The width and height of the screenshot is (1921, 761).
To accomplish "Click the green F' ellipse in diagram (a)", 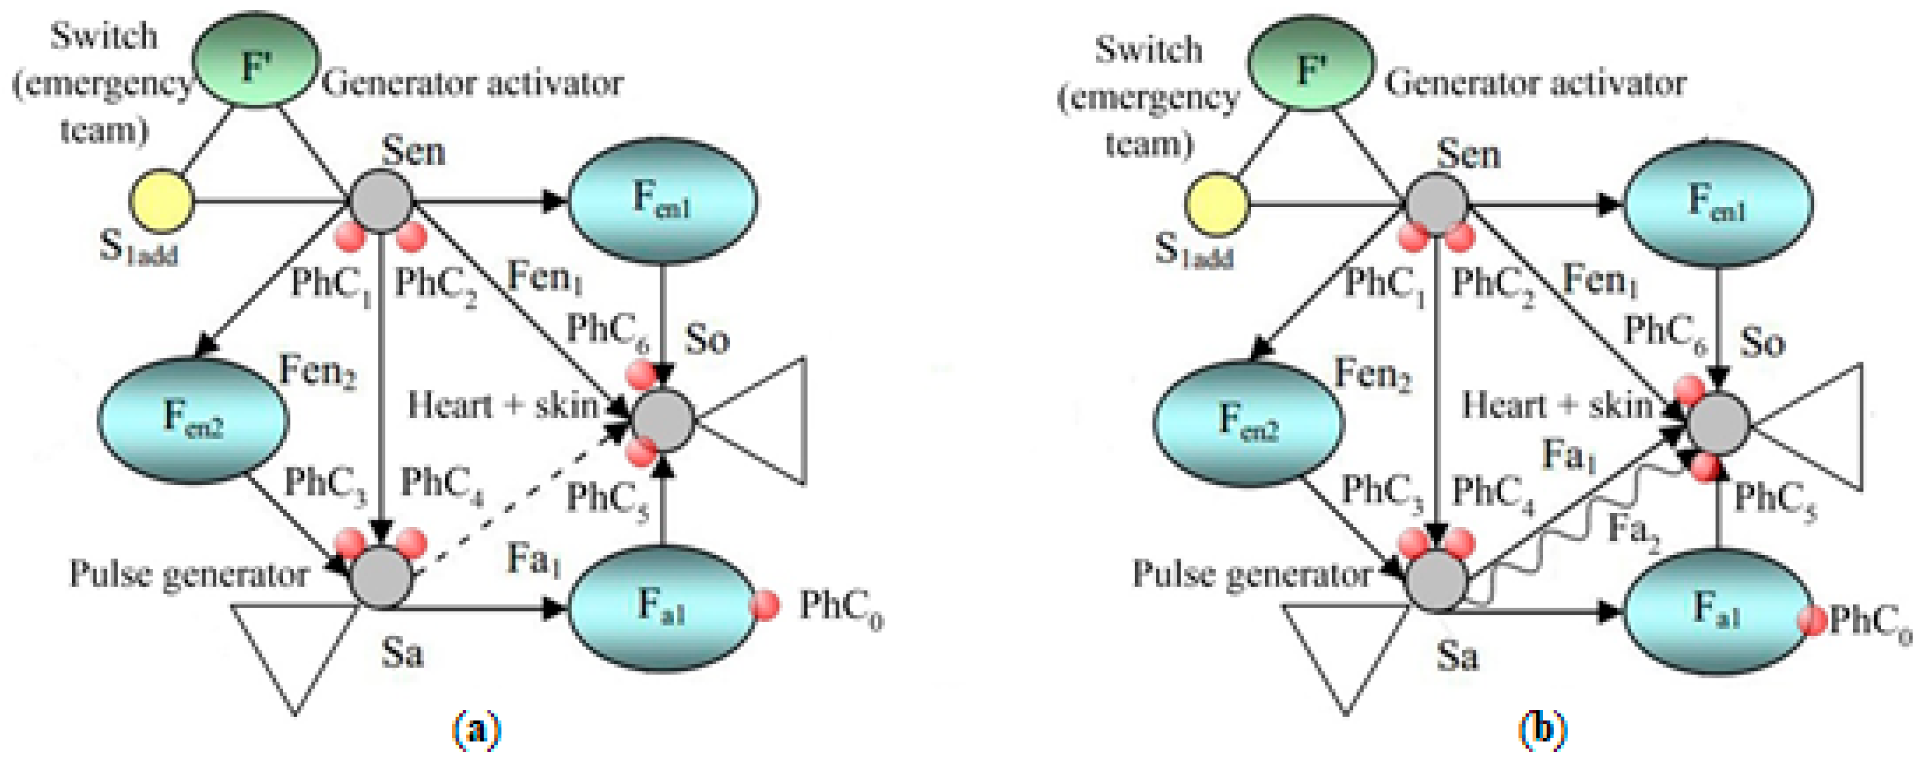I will (x=256, y=60).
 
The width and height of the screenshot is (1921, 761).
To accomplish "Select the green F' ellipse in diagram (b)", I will (x=1311, y=64).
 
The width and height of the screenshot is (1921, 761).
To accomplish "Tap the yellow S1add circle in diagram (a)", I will (x=161, y=201).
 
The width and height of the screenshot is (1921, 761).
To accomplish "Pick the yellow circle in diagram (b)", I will (x=1216, y=204).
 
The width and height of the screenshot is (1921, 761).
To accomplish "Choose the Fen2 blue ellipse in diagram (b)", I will (x=1248, y=422).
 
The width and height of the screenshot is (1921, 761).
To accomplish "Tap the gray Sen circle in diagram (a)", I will (x=381, y=200).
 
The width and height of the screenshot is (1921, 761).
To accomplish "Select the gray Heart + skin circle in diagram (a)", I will (x=662, y=420).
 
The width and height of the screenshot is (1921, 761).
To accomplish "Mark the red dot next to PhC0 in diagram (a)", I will (x=765, y=605).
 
